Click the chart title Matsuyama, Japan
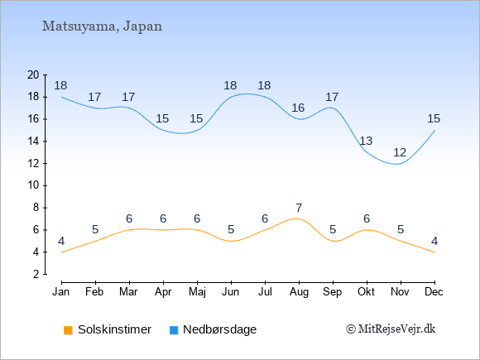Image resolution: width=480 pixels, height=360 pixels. coord(102,26)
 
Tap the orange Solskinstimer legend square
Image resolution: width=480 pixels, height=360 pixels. coord(68,330)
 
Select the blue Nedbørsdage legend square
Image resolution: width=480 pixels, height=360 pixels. coord(174,330)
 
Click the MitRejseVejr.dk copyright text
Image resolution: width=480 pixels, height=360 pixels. coord(391,329)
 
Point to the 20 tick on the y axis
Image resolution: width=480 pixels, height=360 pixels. coord(33,74)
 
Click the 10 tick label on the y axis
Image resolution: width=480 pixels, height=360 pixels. coord(33,185)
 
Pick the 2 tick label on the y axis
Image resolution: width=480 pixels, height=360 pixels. coord(36,274)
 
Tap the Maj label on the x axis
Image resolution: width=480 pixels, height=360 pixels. coord(197,292)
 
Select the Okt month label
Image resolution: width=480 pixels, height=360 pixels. coord(366,292)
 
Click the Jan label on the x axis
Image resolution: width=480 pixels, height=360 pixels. coord(61,292)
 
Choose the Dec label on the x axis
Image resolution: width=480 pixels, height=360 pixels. coord(434,292)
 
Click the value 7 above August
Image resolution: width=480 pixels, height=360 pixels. coord(299,209)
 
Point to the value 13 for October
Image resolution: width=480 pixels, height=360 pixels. coord(366,142)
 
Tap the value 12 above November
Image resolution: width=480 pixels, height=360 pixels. coord(400,152)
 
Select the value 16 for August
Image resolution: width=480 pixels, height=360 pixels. coord(298,108)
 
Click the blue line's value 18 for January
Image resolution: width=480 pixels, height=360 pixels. coord(60,86)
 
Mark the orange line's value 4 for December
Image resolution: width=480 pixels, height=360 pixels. coord(434,242)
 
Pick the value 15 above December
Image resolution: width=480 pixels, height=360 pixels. coord(434,119)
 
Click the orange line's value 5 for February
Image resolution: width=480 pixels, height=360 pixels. coord(95,229)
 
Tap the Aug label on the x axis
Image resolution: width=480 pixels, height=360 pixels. coord(299,292)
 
